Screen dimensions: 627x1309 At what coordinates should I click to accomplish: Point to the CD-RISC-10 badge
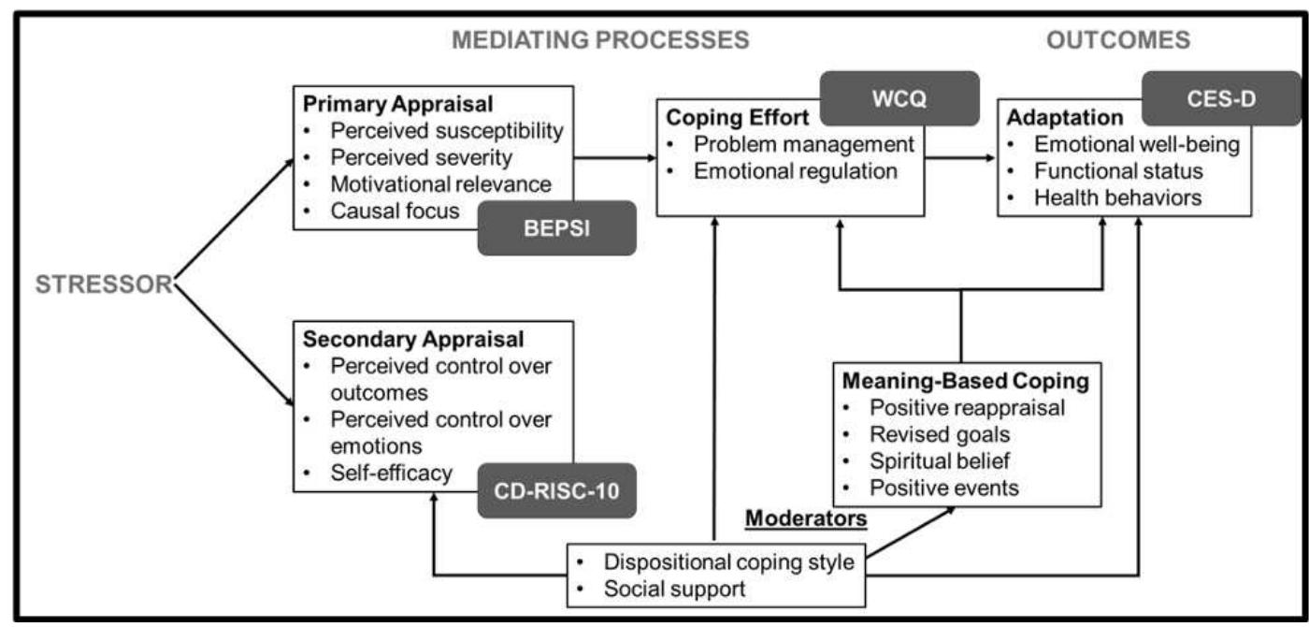pyautogui.click(x=556, y=490)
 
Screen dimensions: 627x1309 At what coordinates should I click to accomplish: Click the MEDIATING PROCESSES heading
pyautogui.click(x=600, y=40)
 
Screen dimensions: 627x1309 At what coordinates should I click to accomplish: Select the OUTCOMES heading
pyautogui.click(x=1117, y=40)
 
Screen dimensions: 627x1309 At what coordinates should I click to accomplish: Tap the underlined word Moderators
pyautogui.click(x=805, y=517)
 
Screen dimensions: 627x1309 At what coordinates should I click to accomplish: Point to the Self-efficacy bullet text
pyautogui.click(x=392, y=474)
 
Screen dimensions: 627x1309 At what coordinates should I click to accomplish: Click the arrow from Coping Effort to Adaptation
pyautogui.click(x=961, y=159)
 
